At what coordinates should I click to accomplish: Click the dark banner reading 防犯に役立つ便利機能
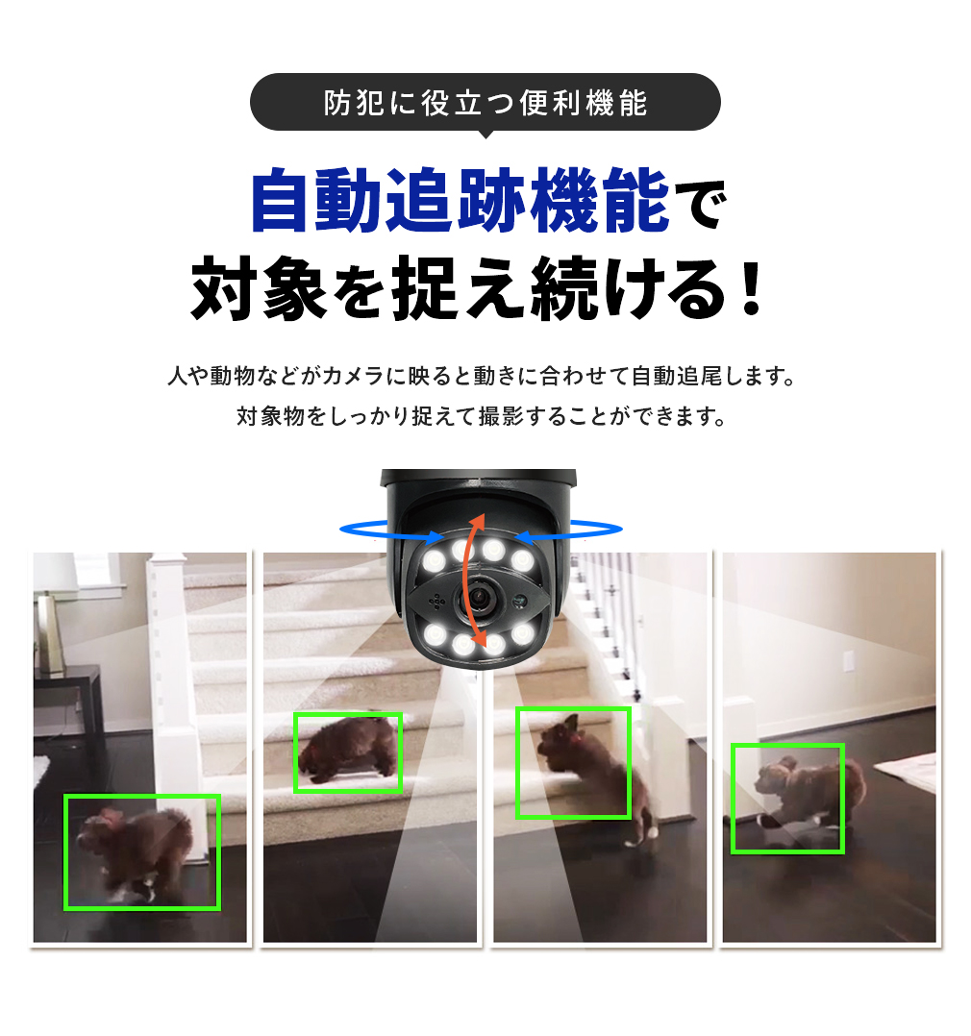(x=485, y=101)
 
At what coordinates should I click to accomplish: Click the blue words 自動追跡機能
(x=460, y=201)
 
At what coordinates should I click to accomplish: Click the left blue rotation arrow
(x=389, y=528)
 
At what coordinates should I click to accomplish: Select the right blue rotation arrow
(x=571, y=528)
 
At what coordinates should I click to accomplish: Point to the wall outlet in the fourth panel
(x=850, y=661)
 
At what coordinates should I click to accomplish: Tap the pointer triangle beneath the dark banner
(x=485, y=135)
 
